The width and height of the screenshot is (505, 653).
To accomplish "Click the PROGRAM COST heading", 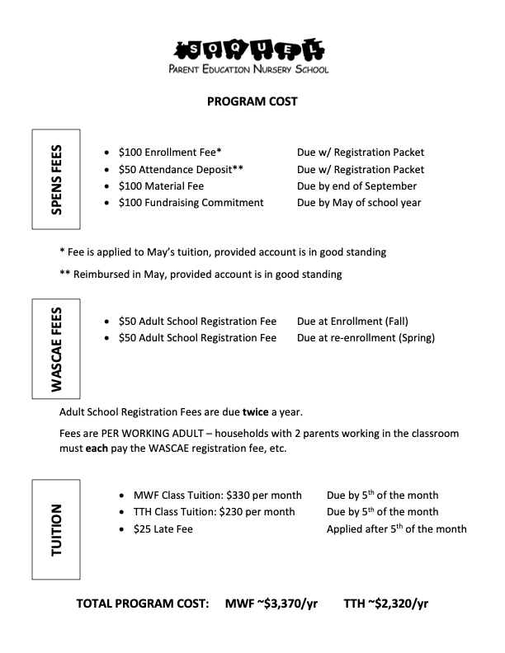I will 252,102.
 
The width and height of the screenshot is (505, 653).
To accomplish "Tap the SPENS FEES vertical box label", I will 56,179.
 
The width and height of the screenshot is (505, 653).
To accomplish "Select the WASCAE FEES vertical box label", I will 56,349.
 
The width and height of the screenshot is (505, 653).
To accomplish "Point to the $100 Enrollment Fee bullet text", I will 170,153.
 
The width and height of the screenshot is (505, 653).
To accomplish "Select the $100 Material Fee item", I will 161,186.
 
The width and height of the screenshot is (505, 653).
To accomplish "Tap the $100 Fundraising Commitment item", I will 191,203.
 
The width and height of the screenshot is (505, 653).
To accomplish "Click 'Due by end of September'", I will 356,186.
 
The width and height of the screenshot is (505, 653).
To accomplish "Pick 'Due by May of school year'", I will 359,203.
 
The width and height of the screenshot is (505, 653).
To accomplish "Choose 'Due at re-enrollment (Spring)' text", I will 366,337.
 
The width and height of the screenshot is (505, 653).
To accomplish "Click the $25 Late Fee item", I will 163,529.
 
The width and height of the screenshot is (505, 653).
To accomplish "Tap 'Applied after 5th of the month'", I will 396,529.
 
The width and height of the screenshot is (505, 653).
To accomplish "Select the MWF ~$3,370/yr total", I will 271,604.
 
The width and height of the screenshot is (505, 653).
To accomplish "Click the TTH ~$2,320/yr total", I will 386,604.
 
